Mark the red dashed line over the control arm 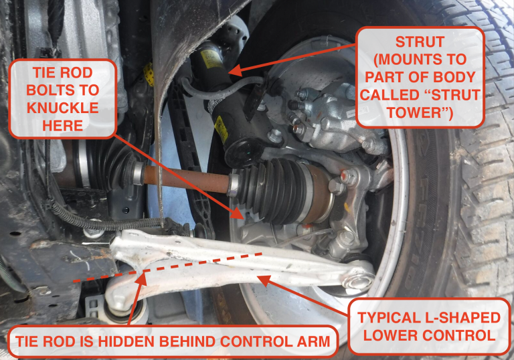coord(167,266)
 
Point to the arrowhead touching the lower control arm coord(261,278)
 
